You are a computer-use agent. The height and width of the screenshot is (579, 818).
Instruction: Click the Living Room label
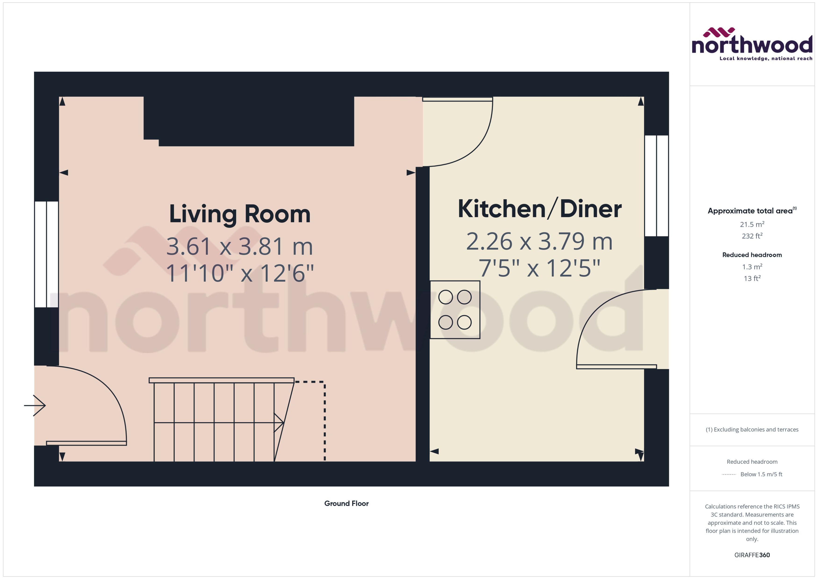pyautogui.click(x=240, y=214)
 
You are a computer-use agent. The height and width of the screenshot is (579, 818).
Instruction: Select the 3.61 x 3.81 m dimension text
pyautogui.click(x=240, y=246)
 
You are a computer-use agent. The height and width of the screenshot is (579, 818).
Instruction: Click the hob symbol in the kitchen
pyautogui.click(x=455, y=309)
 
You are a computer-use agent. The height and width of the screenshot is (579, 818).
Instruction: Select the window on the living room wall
pyautogui.click(x=46, y=254)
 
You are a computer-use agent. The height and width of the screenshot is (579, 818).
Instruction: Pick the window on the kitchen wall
pyautogui.click(x=656, y=186)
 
